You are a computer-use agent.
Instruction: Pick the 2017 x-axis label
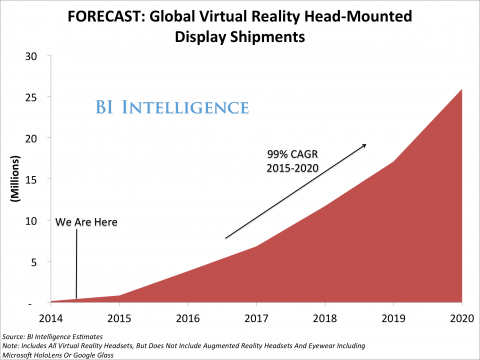click(x=257, y=317)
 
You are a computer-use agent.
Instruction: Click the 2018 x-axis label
click(x=324, y=317)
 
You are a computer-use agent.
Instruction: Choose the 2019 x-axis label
click(x=392, y=317)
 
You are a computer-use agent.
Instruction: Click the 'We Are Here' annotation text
click(x=82, y=223)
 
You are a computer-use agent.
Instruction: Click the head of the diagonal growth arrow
click(x=365, y=144)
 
